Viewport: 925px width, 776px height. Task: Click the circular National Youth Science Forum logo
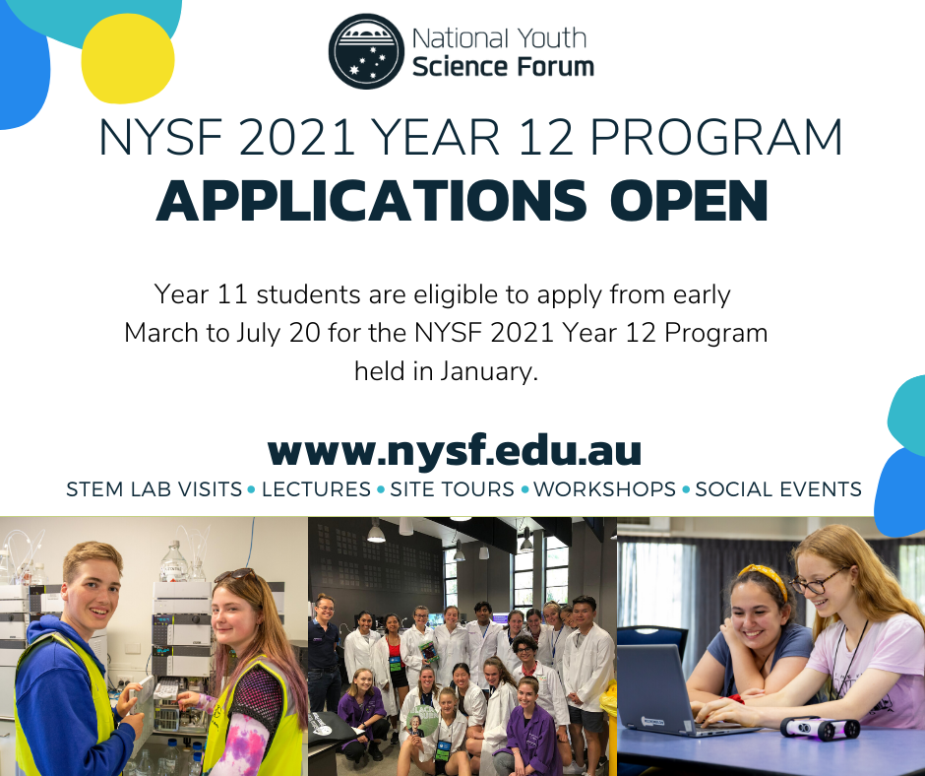coord(366,51)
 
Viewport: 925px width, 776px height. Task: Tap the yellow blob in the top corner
coord(127,58)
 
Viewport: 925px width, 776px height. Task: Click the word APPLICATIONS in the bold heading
coord(372,201)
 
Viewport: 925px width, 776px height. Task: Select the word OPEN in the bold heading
coord(689,201)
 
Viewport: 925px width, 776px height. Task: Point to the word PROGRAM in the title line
coord(716,138)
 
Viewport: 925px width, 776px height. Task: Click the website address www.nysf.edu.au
coord(455,451)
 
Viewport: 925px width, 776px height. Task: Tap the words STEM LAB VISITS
coord(154,489)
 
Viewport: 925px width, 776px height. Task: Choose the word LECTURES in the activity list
coord(316,489)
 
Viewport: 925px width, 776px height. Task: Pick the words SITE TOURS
coord(452,489)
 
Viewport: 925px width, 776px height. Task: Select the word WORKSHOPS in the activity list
coord(604,489)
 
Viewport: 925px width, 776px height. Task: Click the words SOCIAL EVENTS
coord(778,489)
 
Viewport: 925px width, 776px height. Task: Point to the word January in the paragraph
coord(488,372)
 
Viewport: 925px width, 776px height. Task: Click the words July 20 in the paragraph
coord(278,333)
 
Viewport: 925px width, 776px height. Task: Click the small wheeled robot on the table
coord(820,729)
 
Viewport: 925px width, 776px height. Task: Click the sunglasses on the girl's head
coord(236,575)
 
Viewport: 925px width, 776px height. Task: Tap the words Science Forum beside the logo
coord(503,67)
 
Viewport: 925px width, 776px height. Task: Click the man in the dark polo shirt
coord(324,653)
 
